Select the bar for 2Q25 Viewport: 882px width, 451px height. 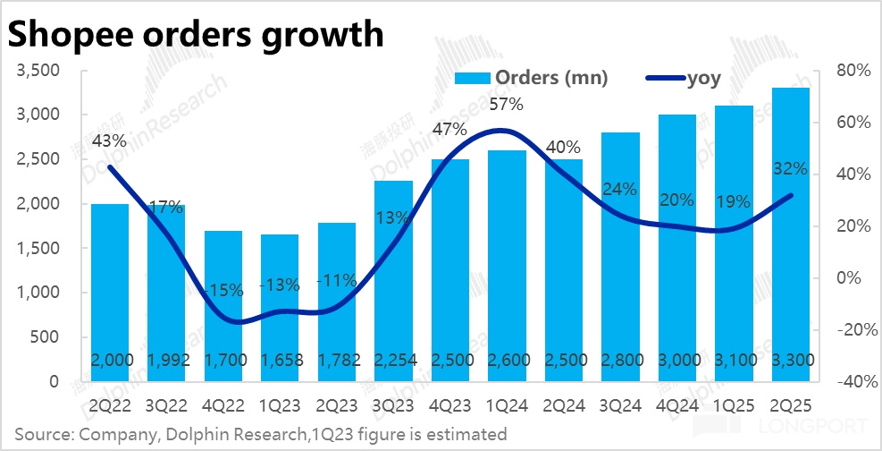point(791,233)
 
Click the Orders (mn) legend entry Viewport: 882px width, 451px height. point(531,78)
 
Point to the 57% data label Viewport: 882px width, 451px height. point(505,105)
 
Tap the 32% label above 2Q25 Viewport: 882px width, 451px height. point(790,169)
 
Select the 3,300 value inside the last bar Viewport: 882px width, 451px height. point(791,360)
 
